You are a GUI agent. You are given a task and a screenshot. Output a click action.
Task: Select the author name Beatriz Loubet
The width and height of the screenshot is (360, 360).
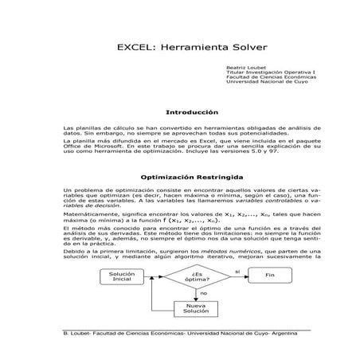pos(243,68)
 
